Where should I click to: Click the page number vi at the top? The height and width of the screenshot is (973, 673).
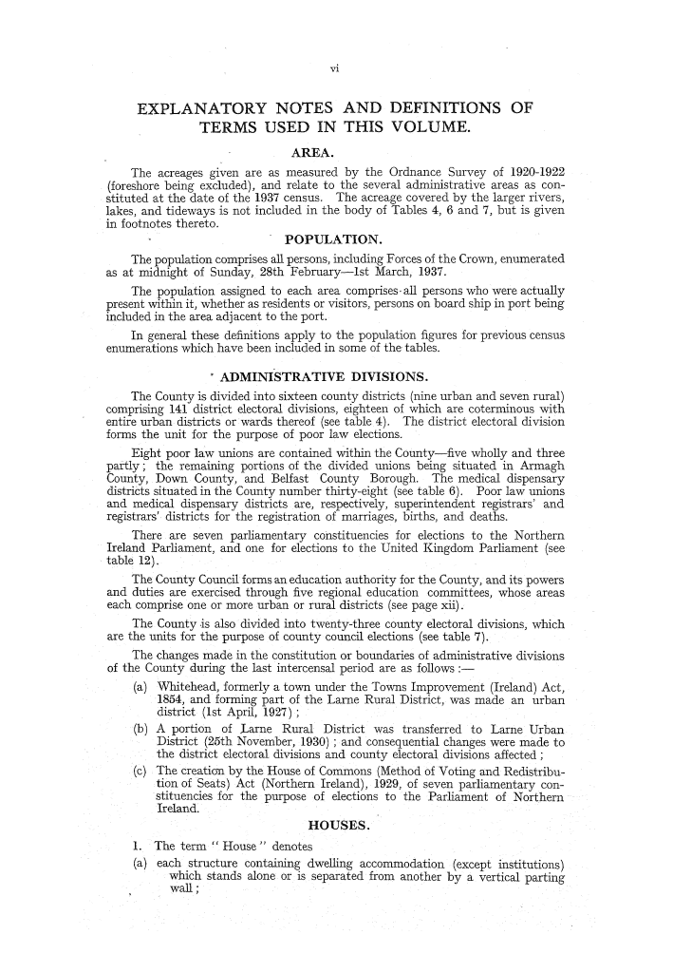(x=336, y=67)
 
